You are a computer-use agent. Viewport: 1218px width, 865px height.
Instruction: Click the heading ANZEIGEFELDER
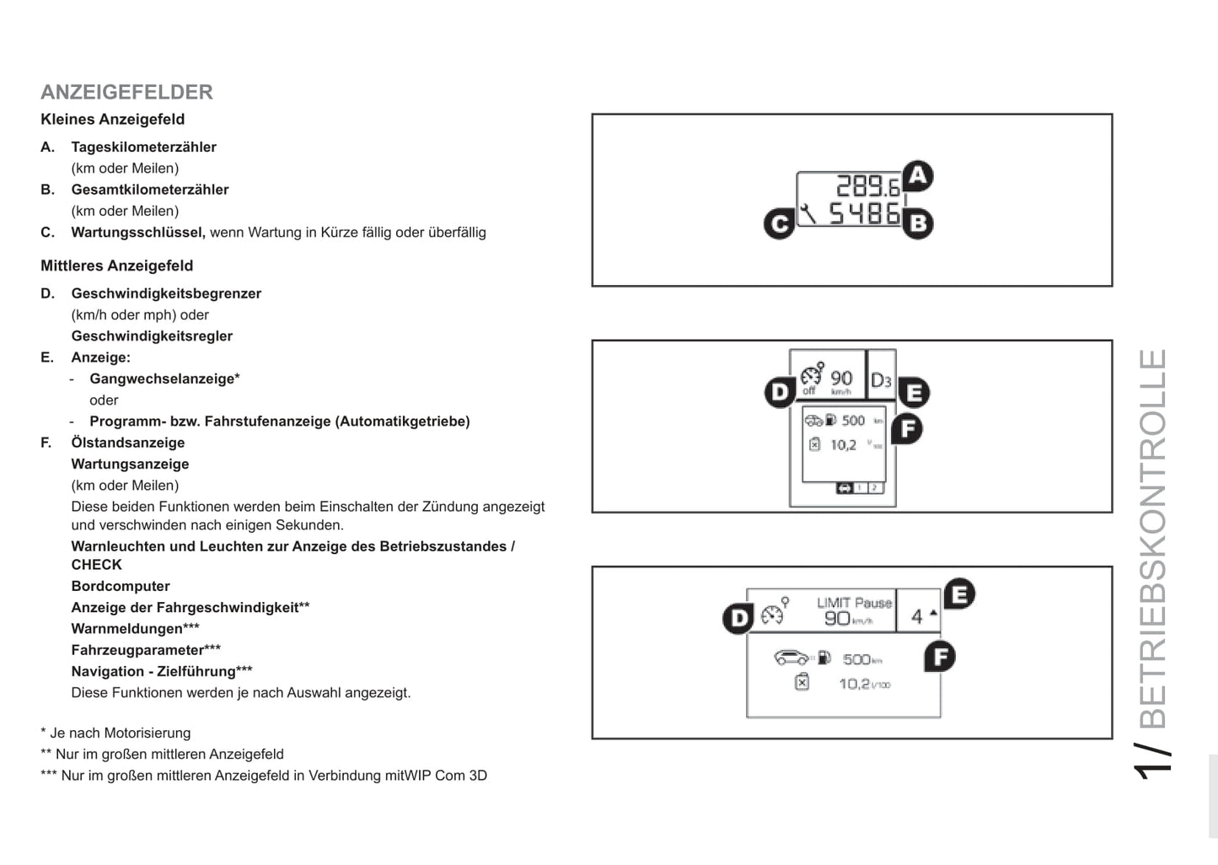coord(126,92)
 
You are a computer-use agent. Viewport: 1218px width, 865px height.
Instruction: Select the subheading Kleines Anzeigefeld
coord(112,120)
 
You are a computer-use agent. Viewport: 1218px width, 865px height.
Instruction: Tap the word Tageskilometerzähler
coord(143,147)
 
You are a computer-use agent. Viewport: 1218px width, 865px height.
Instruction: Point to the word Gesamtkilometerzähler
coord(149,190)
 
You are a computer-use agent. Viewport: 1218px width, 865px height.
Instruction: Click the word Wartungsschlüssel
coord(137,233)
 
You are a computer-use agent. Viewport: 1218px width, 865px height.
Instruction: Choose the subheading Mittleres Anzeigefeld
coord(116,266)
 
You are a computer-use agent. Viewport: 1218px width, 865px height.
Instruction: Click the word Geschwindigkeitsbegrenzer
coord(166,293)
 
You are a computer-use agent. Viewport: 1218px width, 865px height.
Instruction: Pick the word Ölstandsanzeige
coord(127,443)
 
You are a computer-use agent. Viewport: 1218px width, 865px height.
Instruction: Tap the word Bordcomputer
coord(121,586)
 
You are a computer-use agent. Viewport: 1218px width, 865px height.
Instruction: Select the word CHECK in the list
coord(96,565)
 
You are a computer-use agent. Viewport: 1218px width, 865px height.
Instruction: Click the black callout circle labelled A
coord(917,176)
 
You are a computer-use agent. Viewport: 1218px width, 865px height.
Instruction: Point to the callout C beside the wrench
coord(779,223)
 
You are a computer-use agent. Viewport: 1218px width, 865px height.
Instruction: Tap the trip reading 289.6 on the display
coord(867,186)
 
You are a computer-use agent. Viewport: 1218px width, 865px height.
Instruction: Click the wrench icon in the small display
coord(808,214)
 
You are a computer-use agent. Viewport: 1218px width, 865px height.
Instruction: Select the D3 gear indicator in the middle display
coord(881,380)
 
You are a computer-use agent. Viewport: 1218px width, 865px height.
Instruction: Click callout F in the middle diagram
coord(907,429)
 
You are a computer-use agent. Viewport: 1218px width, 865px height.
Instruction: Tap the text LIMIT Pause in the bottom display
coord(854,603)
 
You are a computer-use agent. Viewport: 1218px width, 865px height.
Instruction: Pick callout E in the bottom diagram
coord(958,594)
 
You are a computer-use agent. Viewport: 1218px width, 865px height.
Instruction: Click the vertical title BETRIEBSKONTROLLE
coord(1153,539)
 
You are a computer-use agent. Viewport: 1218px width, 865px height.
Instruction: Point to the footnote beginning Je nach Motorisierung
coord(115,733)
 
